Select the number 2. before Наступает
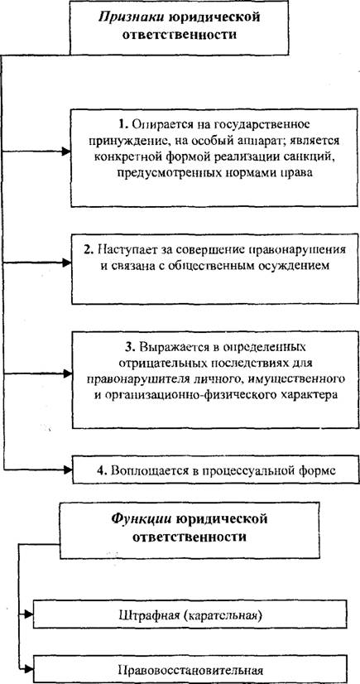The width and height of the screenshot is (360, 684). (x=89, y=251)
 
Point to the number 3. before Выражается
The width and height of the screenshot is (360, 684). (x=130, y=348)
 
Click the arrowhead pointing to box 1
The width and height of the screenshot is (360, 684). (x=66, y=152)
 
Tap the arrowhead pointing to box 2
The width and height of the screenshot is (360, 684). (x=66, y=263)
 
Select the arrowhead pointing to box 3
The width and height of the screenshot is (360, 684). (x=66, y=373)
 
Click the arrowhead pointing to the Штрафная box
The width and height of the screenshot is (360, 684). (x=28, y=614)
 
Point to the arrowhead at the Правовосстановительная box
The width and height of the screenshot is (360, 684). (x=28, y=668)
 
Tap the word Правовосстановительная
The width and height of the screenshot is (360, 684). (x=190, y=670)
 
